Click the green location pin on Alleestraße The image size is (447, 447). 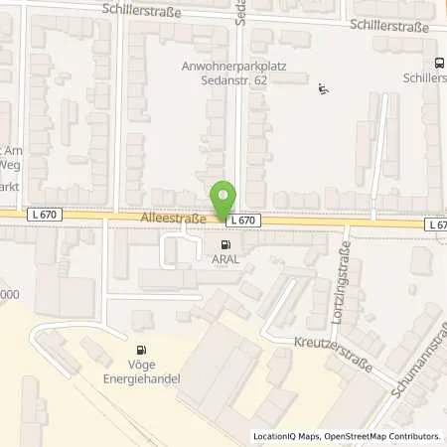pos(224,198)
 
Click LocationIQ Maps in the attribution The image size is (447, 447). pos(283,436)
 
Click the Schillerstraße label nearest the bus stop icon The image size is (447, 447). pos(386,27)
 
